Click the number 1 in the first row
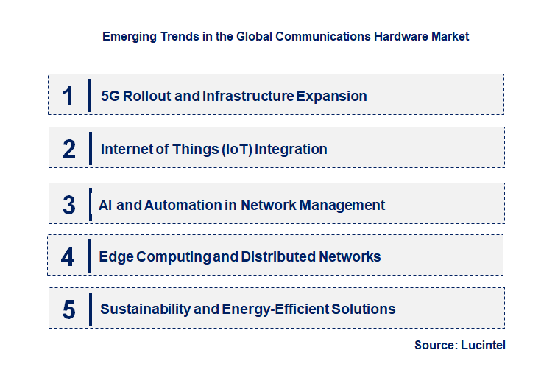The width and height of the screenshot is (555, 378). pyautogui.click(x=68, y=96)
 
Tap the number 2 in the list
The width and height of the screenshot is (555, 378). pyautogui.click(x=69, y=149)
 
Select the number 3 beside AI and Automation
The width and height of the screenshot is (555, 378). pyautogui.click(x=68, y=205)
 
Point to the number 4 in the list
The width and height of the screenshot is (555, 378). pyautogui.click(x=68, y=256)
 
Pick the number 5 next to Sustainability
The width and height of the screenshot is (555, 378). pyautogui.click(x=68, y=309)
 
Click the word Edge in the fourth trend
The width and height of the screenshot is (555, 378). pyautogui.click(x=113, y=256)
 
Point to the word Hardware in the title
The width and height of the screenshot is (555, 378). pyautogui.click(x=396, y=35)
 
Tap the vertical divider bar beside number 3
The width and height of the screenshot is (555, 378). pyautogui.click(x=90, y=203)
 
